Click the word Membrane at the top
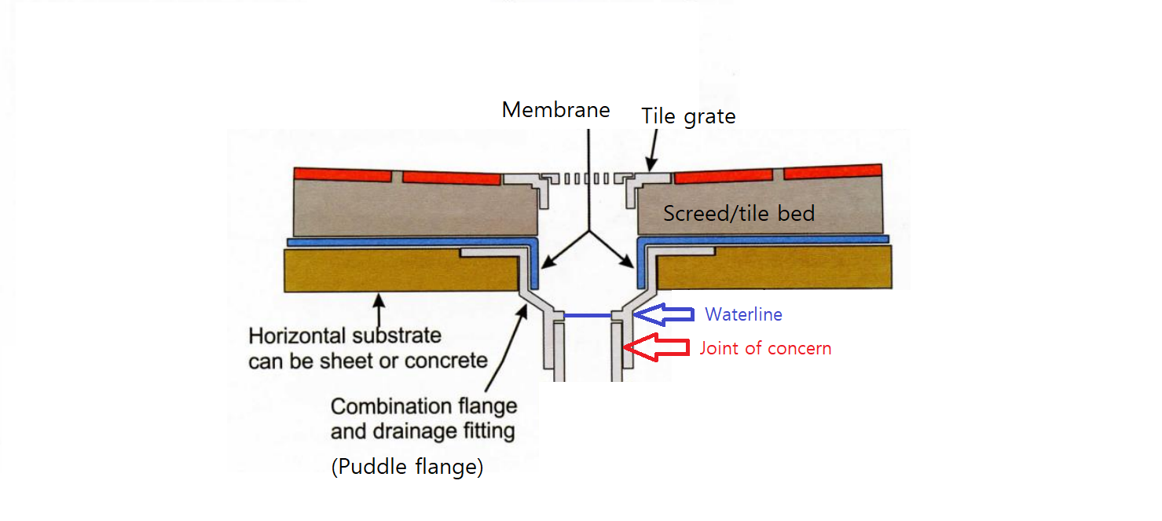click(555, 110)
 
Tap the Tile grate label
click(688, 117)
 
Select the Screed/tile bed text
click(739, 214)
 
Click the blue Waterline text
click(743, 315)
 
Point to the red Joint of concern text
click(765, 348)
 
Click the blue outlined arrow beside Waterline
click(664, 314)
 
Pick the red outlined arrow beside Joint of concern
click(655, 347)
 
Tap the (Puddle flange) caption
click(407, 467)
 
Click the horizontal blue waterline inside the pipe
click(587, 315)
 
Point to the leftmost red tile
click(343, 174)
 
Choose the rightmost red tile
click(832, 171)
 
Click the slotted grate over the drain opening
click(585, 178)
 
